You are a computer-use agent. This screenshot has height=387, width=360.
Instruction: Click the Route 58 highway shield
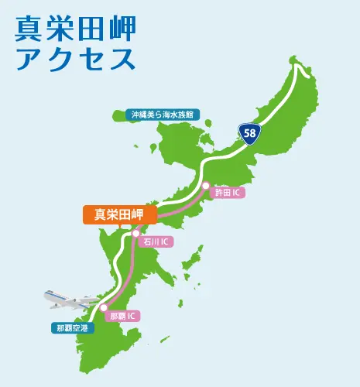coord(250,133)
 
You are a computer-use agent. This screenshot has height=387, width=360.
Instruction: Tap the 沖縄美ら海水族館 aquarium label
coord(163,115)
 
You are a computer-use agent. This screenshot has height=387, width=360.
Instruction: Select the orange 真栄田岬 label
coord(120,214)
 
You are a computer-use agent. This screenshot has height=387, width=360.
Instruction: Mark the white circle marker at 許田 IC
coord(205,186)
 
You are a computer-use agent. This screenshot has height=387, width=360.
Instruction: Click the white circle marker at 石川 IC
coord(135,232)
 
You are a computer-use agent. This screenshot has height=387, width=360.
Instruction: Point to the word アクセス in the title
coord(75,59)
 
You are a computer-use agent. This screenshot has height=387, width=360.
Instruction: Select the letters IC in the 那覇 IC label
coord(132,316)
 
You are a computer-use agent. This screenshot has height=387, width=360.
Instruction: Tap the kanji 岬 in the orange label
coord(145,214)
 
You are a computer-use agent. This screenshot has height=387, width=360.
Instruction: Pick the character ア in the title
coord(29,59)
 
